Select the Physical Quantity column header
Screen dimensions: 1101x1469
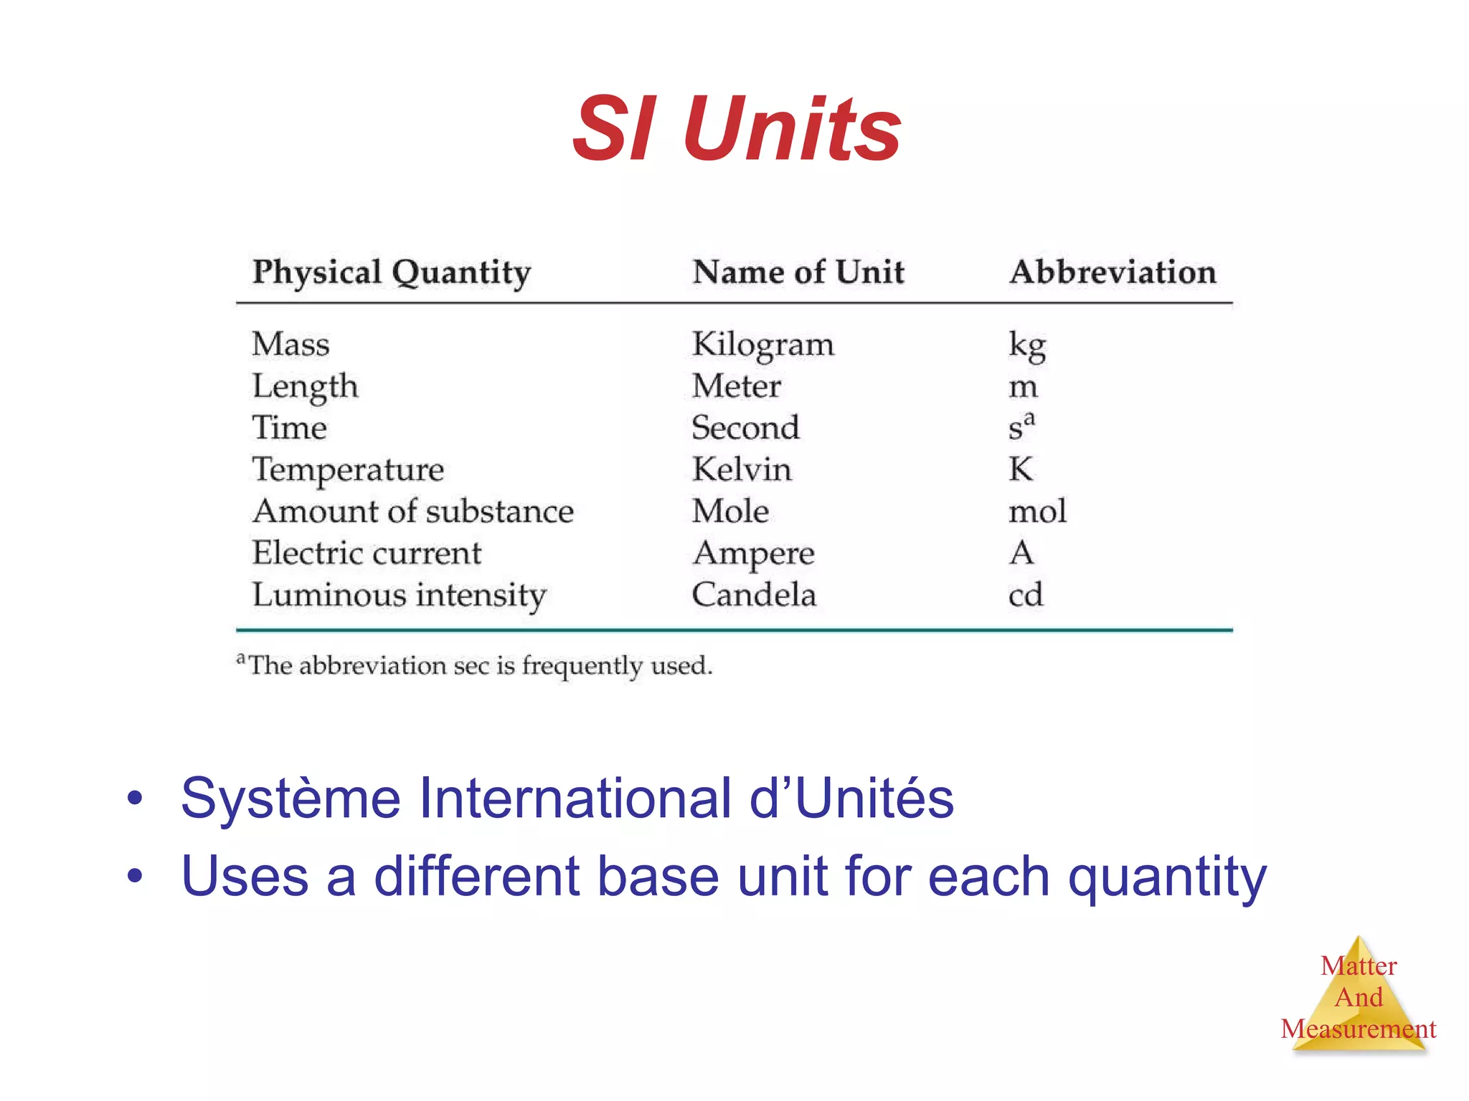point(392,273)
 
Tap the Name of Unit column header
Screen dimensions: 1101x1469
point(798,272)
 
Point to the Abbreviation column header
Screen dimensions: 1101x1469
point(1113,272)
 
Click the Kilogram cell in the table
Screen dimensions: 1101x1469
point(762,345)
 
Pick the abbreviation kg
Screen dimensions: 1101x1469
point(1026,345)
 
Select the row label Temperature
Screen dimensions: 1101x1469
point(348,470)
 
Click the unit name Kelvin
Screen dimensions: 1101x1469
point(742,470)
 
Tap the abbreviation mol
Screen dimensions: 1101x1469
point(1037,511)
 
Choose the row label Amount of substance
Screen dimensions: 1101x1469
point(413,511)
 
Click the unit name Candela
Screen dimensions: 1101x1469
point(754,595)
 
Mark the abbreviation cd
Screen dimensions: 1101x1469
point(1025,595)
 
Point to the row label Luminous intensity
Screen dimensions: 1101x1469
point(399,596)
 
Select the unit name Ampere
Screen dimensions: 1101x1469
point(753,554)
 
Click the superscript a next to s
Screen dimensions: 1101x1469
point(1030,418)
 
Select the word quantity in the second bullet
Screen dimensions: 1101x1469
point(1167,877)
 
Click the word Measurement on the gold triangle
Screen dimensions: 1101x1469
point(1358,1029)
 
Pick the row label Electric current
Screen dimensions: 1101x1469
point(367,553)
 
